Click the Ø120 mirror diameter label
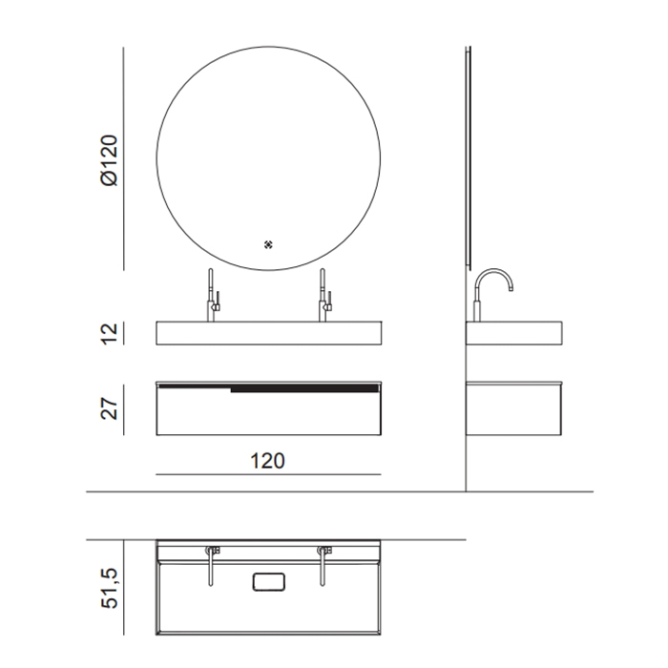[x=109, y=160]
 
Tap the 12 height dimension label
[x=109, y=334]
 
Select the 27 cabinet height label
[x=109, y=408]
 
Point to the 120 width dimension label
[x=267, y=461]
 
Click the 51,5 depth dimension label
[x=109, y=588]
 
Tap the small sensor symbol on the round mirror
[x=268, y=244]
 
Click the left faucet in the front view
[x=213, y=295]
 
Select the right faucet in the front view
[x=324, y=295]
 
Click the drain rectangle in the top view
[x=268, y=582]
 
